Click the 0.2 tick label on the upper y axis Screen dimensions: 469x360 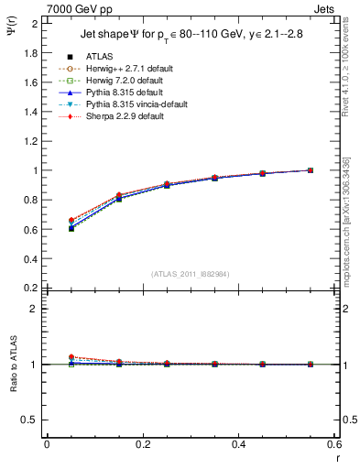[31, 288]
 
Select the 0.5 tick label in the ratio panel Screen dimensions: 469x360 [31, 420]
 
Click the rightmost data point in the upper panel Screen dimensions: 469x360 [311, 170]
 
